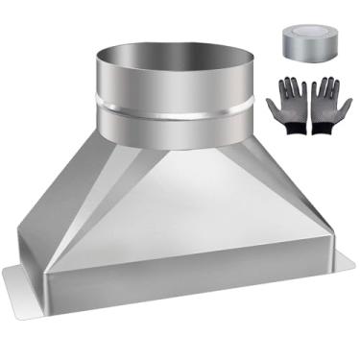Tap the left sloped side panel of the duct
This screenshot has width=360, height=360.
click(67, 202)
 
